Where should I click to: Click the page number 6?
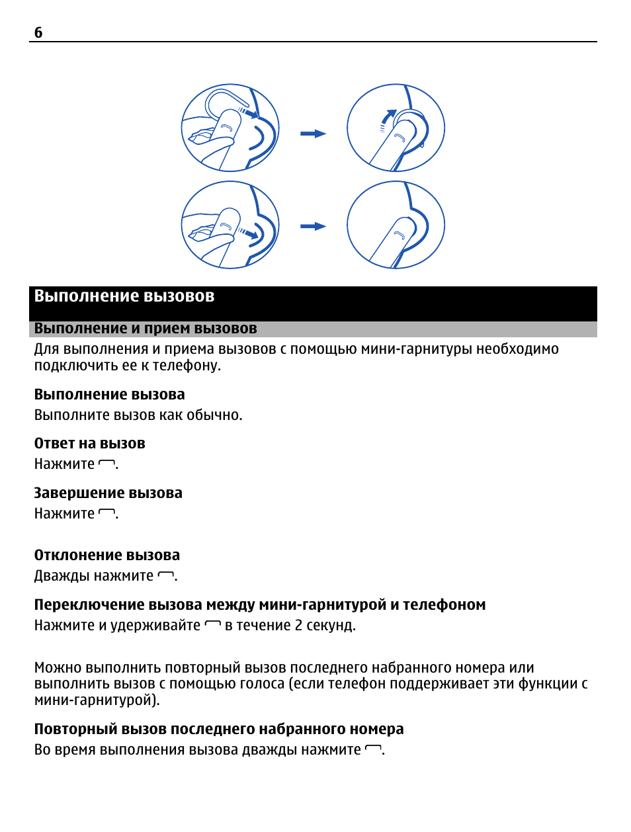[38, 32]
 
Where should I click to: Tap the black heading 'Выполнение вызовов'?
[124, 296]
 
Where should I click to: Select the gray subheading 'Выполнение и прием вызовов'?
[146, 329]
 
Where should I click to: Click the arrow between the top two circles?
[313, 134]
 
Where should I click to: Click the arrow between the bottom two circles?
[313, 226]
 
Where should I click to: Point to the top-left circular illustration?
[230, 128]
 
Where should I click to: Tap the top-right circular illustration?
[396, 128]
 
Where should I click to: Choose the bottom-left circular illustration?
[230, 225]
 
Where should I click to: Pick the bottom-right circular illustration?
[396, 225]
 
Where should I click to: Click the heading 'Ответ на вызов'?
[89, 444]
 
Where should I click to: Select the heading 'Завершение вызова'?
[108, 493]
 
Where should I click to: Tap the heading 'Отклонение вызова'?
[106, 556]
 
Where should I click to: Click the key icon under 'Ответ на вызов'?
[106, 464]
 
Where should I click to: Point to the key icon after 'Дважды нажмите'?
[165, 576]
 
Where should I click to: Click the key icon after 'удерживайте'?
[212, 625]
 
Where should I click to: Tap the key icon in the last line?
[373, 749]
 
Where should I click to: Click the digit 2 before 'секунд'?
[298, 626]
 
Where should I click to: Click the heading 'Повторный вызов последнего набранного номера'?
[218, 729]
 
